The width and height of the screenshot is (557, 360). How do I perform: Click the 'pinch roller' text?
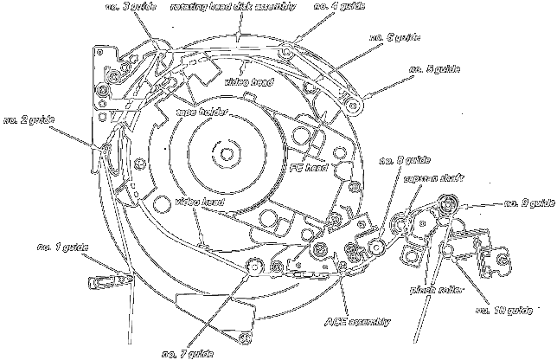point(432,291)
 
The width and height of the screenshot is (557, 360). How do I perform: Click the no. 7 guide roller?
point(254,268)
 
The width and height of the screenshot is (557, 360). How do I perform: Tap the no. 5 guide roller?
point(352,106)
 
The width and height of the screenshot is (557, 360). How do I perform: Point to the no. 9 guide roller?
point(447,205)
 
